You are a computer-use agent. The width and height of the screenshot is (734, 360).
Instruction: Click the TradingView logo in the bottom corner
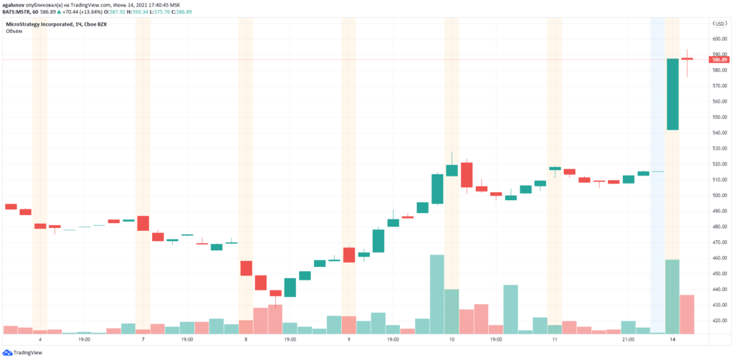coord(22,352)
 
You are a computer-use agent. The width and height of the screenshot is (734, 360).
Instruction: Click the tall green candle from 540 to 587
coord(672,94)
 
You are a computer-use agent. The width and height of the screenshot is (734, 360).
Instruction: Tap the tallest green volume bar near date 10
coord(437,294)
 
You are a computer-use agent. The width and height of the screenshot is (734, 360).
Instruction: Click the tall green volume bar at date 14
coord(672,296)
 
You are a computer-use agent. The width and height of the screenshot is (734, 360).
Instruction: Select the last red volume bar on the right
coord(687,314)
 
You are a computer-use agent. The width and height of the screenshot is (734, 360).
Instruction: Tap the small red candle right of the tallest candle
coord(687,59)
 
